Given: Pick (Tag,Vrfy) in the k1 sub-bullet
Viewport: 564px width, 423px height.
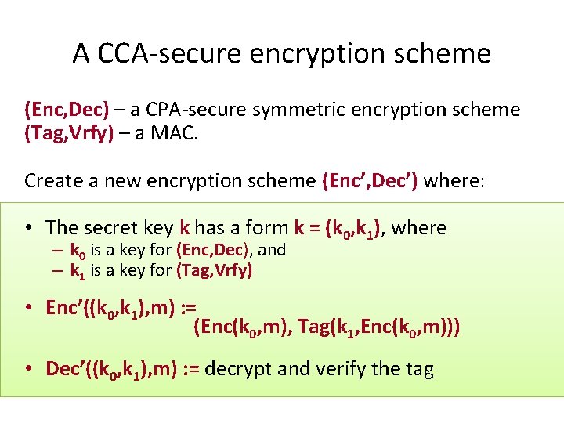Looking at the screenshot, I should pyautogui.click(x=214, y=271).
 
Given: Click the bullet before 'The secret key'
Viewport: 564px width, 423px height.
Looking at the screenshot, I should pyautogui.click(x=27, y=228).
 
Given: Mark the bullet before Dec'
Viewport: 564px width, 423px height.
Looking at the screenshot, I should pyautogui.click(x=27, y=369).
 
